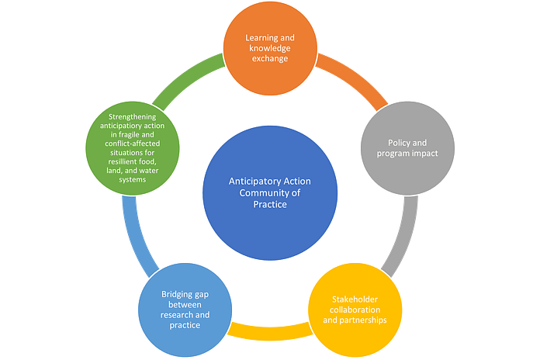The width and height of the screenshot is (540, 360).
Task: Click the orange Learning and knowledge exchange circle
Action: (270, 48)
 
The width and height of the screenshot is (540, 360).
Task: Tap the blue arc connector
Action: (133, 233)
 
